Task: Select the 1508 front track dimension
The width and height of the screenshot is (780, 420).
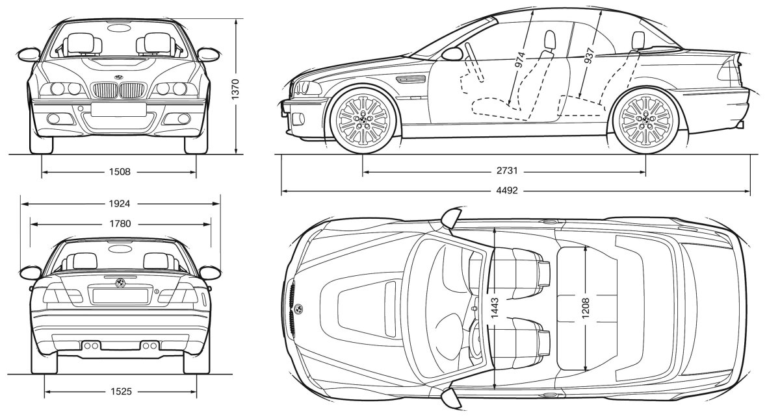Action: [x=120, y=172]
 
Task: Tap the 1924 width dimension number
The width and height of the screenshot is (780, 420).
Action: [x=120, y=203]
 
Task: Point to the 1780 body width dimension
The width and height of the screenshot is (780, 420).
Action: [x=120, y=223]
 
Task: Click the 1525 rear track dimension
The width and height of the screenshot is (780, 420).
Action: [x=120, y=391]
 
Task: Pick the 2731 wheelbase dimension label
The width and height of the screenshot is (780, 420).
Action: [x=504, y=172]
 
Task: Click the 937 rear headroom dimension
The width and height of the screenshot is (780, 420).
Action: [x=588, y=58]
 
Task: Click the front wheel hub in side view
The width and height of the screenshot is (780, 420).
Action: [x=363, y=119]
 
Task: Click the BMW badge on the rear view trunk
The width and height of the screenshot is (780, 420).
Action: [x=120, y=284]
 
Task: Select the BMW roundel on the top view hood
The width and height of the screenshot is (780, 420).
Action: [x=298, y=308]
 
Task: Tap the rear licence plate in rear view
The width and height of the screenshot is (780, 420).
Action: [x=120, y=296]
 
